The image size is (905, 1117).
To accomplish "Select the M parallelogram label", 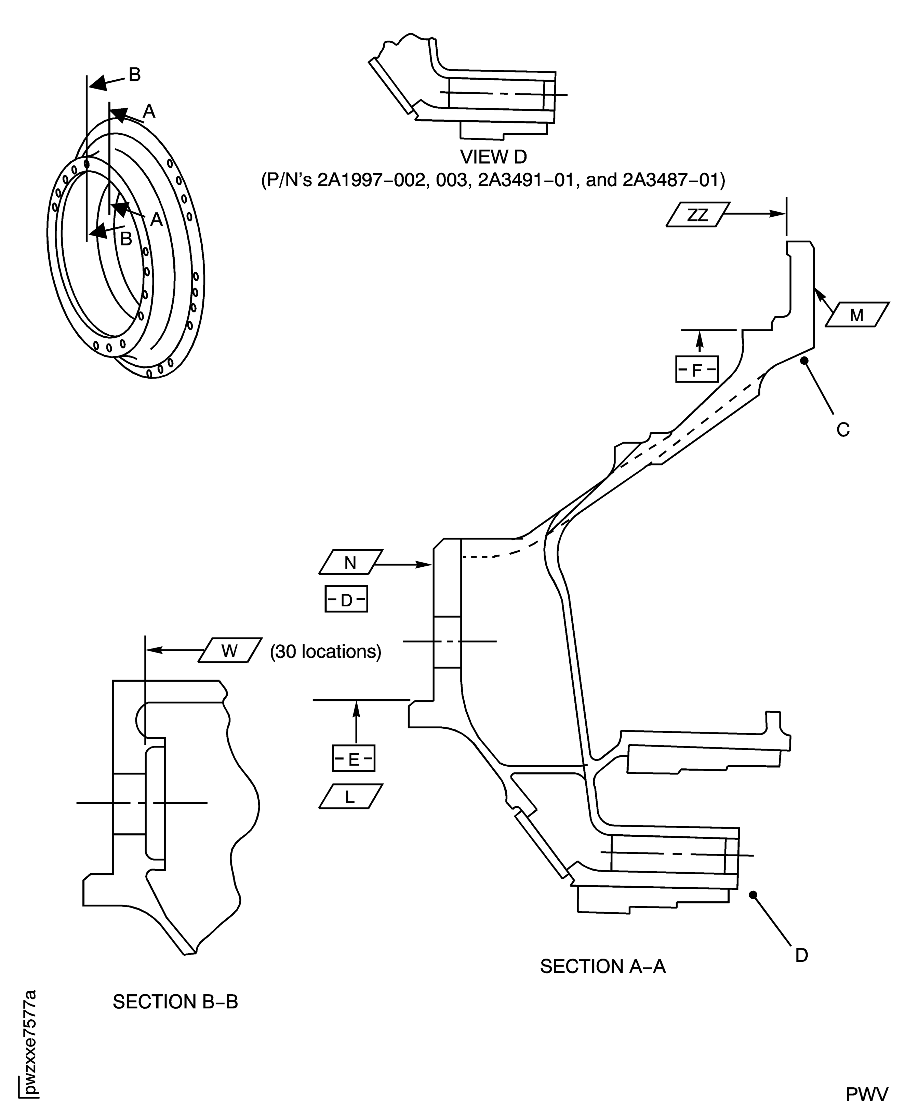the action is tap(857, 314).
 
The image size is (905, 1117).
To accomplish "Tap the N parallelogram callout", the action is tap(350, 562).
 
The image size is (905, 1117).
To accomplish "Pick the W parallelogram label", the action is tap(230, 650).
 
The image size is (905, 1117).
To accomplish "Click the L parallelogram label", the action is tap(350, 796).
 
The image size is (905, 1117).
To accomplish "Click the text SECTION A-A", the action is tap(603, 966).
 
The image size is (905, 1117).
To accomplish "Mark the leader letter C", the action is tap(843, 430).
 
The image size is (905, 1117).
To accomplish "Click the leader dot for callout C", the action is tap(804, 360).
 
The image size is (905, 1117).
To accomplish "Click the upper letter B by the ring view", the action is tap(134, 75).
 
